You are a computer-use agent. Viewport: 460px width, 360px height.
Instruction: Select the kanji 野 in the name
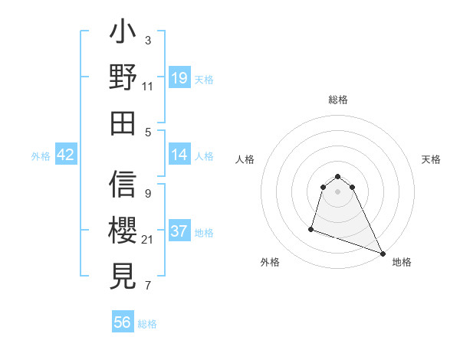tap(123, 80)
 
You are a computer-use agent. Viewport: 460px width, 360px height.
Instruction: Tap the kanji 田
tap(123, 123)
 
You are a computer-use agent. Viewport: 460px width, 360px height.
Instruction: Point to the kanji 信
tap(123, 185)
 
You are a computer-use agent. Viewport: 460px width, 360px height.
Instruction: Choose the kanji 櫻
tap(123, 230)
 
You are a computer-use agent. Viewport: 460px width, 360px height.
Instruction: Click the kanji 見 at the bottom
tap(123, 274)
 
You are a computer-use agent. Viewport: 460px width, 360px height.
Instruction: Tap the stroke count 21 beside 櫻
tap(148, 240)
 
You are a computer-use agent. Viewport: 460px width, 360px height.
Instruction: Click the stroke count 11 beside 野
tap(148, 87)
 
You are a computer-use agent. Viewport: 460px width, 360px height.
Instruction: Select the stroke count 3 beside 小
tap(148, 40)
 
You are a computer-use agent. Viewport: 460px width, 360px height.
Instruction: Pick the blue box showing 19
tap(179, 78)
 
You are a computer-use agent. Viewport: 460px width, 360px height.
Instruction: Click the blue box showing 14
tap(179, 155)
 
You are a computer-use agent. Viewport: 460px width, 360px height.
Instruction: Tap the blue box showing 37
tap(179, 232)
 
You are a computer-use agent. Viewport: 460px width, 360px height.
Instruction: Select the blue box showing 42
tap(66, 155)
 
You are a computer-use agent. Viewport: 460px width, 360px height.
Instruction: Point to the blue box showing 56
tap(123, 322)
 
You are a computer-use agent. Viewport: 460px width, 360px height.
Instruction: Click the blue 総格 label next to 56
tap(147, 324)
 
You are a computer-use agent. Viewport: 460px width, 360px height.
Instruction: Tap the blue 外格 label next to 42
tap(41, 156)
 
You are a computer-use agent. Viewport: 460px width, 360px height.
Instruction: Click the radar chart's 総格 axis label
tap(338, 100)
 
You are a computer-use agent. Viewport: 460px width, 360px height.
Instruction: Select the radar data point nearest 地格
tap(383, 253)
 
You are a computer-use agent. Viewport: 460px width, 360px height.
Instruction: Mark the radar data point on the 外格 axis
tap(311, 228)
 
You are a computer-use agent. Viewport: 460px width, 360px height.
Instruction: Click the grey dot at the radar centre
tap(338, 191)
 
